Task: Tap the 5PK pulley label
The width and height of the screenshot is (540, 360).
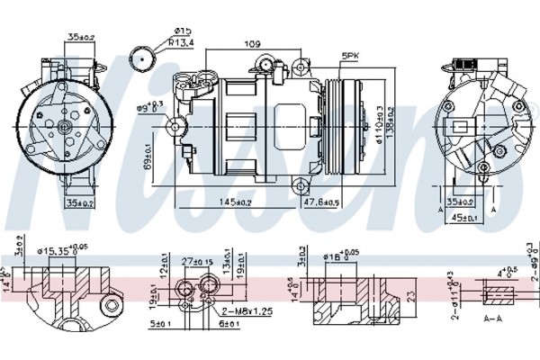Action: click(x=350, y=57)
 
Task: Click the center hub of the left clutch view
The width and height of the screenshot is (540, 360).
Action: click(x=66, y=128)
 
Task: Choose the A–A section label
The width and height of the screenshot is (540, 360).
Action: click(x=492, y=319)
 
